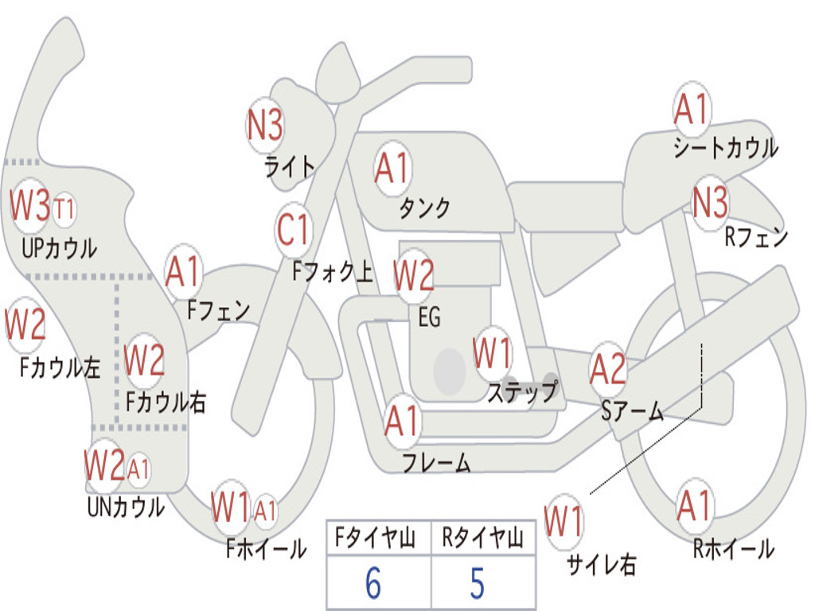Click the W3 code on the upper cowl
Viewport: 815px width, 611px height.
pos(30,206)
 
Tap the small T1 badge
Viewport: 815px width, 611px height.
pos(64,210)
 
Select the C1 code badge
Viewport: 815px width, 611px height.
pos(293,231)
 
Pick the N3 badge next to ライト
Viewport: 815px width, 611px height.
pos(265,125)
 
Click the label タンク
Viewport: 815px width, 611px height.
pos(424,208)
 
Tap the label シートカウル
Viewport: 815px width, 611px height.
pos(725,148)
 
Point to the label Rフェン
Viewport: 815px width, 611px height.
pos(756,238)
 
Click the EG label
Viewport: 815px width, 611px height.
pos(429,317)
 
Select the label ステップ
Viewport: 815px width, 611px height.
pos(522,393)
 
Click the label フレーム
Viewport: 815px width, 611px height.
pos(436,463)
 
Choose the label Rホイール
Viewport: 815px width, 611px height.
pos(733,548)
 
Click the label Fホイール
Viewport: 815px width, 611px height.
pos(266,549)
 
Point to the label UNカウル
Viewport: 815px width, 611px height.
pos(126,506)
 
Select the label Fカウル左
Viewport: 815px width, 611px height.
pos(60,368)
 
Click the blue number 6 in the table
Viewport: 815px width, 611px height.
pos(372,584)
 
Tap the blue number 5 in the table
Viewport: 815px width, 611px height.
pos(477,584)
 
